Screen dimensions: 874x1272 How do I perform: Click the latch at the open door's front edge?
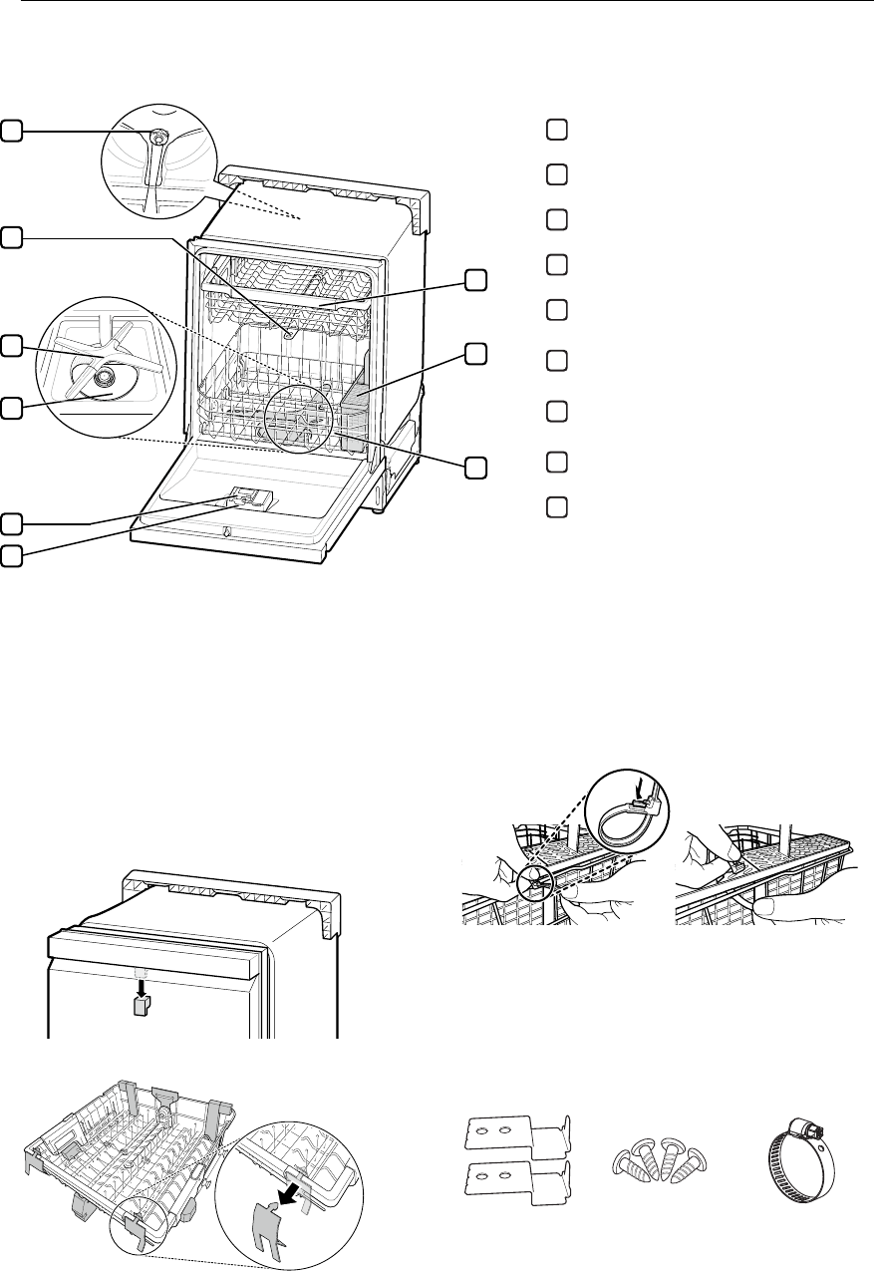(227, 532)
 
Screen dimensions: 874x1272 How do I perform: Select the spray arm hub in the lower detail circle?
(101, 377)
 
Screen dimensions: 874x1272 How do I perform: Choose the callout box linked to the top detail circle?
(11, 130)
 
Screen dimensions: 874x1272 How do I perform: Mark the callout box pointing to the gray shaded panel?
(476, 354)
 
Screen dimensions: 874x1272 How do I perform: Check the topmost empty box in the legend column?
(556, 130)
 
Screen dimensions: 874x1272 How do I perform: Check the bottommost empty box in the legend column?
(556, 505)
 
